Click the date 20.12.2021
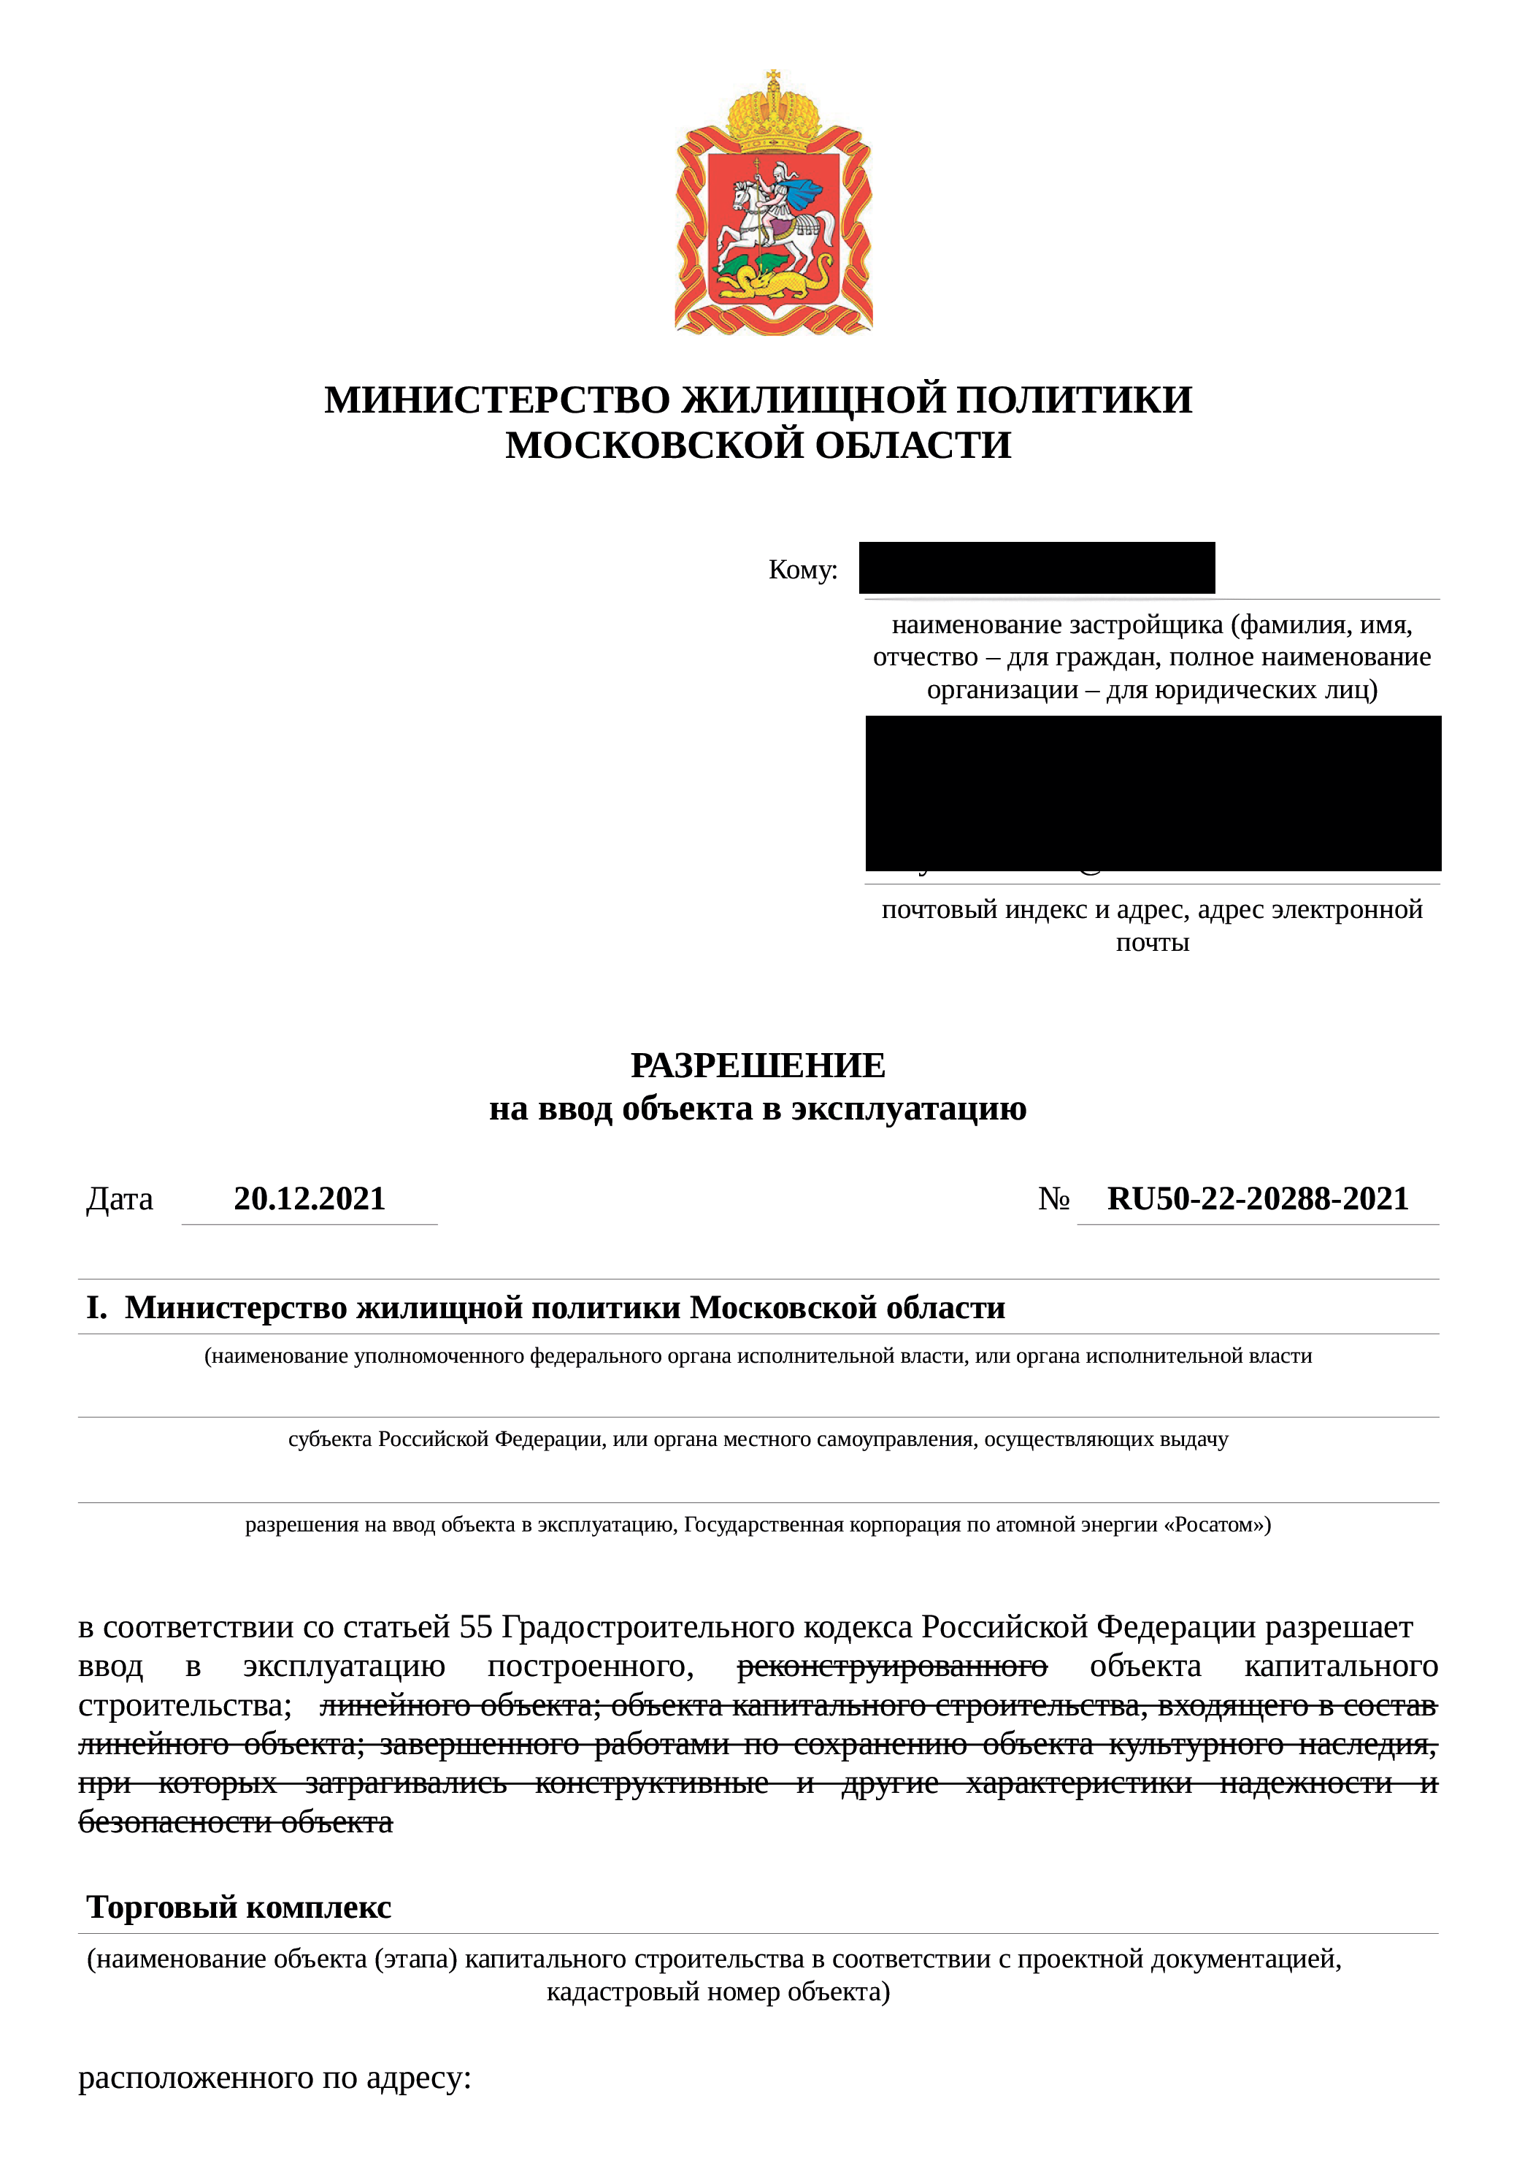[x=310, y=1199]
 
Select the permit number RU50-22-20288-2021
[x=1257, y=1199]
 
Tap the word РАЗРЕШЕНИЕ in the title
[x=758, y=1066]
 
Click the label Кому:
[x=803, y=570]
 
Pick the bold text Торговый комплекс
[x=239, y=1906]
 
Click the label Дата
[x=120, y=1200]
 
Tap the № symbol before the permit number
[x=1053, y=1200]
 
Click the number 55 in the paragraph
[x=476, y=1627]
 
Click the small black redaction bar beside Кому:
[x=1036, y=567]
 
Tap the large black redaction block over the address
[x=1153, y=792]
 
